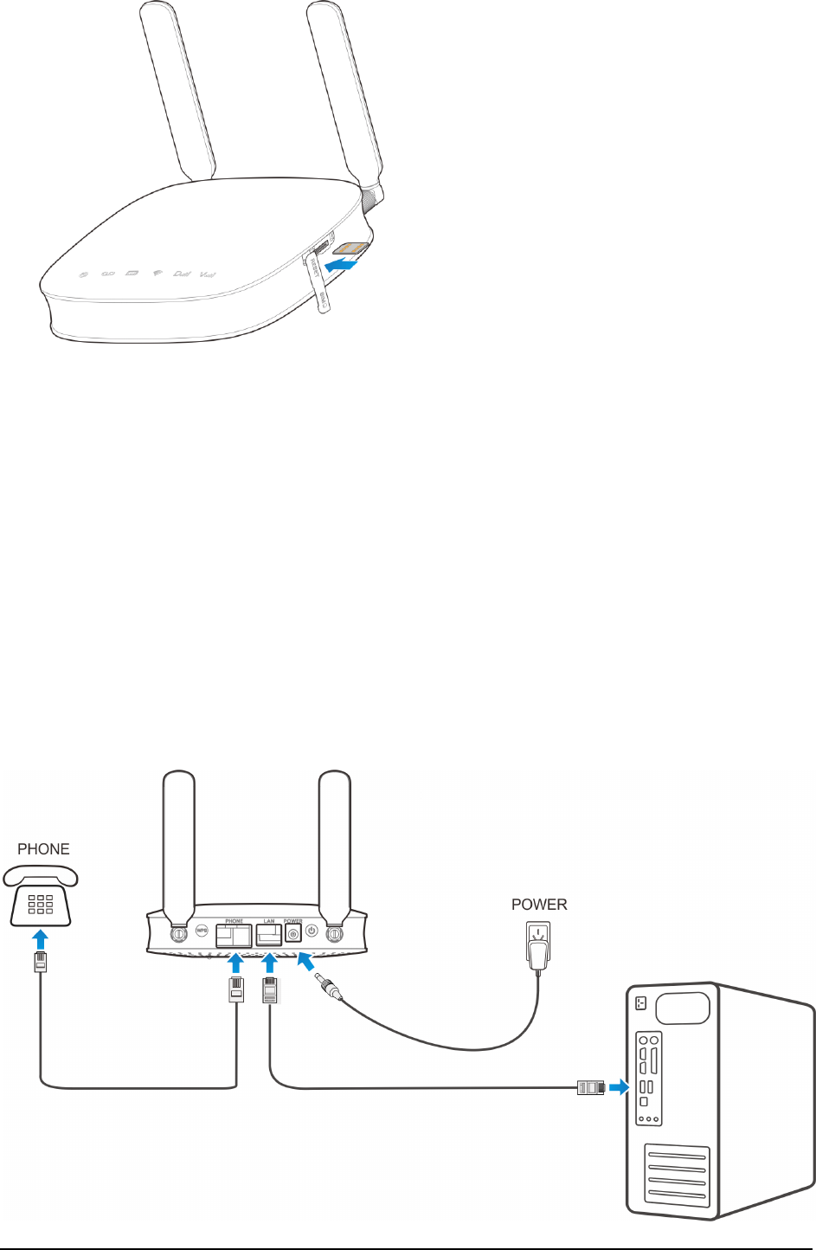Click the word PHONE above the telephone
(x=43, y=849)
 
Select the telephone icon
(x=42, y=897)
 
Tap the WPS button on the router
(x=202, y=931)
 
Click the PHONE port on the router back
(x=235, y=935)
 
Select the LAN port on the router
(x=269, y=935)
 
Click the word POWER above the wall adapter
(x=539, y=905)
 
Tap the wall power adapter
(x=538, y=946)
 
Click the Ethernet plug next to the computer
(x=590, y=1088)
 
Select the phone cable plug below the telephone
(x=40, y=962)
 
